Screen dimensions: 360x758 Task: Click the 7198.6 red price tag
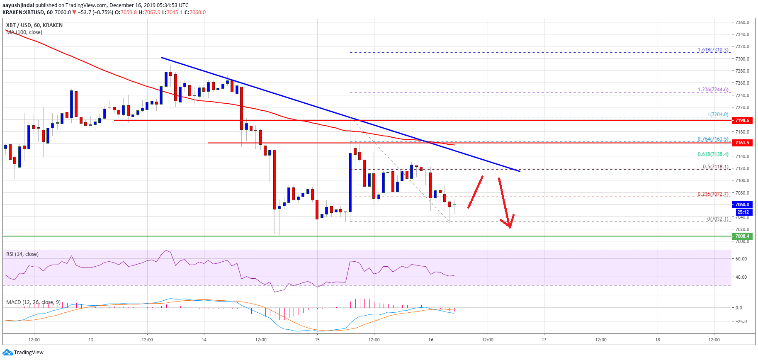click(x=742, y=120)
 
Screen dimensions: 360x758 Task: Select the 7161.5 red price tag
click(x=742, y=143)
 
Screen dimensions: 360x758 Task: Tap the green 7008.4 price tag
click(x=742, y=236)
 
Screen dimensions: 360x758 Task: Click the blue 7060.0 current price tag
click(x=742, y=204)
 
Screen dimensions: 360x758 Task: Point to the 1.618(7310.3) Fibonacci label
click(x=712, y=50)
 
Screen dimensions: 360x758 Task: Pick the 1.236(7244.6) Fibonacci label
click(x=712, y=90)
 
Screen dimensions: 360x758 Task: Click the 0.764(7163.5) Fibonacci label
click(x=712, y=139)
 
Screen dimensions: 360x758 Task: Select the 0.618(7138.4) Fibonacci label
click(x=712, y=154)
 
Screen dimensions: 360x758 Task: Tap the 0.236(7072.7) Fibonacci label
click(x=712, y=194)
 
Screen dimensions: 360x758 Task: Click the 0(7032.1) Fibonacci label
click(x=717, y=219)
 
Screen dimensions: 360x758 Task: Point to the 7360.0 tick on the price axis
click(x=742, y=22)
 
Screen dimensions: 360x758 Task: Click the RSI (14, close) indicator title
click(x=22, y=254)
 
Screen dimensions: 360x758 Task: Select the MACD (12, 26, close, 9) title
click(x=33, y=302)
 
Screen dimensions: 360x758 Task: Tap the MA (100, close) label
click(x=24, y=32)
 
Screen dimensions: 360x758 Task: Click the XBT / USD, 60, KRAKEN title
click(x=34, y=25)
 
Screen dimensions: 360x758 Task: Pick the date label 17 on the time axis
click(x=544, y=340)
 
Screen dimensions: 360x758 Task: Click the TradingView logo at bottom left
click(x=23, y=353)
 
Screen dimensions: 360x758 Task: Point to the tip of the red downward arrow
click(x=510, y=228)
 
